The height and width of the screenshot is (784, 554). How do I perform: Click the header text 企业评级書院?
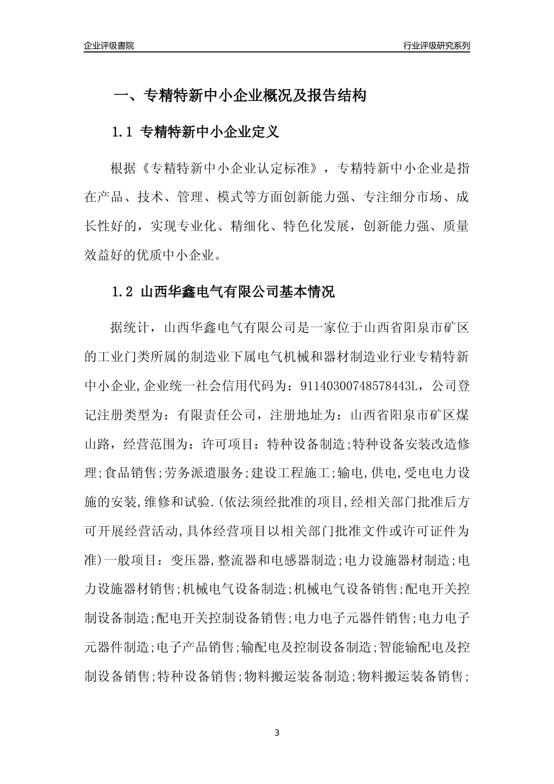[x=109, y=45]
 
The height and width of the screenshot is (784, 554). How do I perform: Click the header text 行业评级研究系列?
[x=436, y=45]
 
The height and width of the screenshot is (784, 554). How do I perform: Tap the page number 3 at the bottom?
[x=277, y=733]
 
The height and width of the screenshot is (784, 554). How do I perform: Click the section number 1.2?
[x=123, y=292]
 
